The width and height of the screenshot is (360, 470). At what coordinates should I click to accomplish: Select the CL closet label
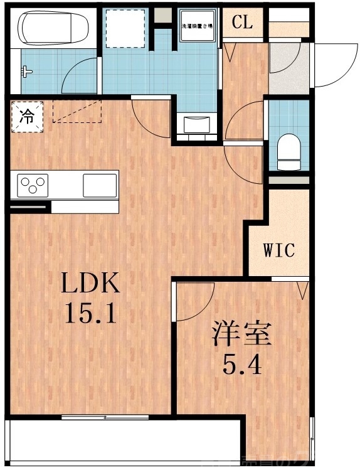(x=241, y=23)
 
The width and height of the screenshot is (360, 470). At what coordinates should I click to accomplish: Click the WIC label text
(x=278, y=251)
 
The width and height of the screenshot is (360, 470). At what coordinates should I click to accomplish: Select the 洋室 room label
(x=241, y=334)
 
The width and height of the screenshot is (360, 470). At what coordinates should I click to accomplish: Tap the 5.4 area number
(x=242, y=364)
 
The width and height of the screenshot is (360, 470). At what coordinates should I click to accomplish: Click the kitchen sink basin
(x=100, y=185)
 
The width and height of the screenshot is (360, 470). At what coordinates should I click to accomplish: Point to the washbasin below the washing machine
(x=198, y=123)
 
